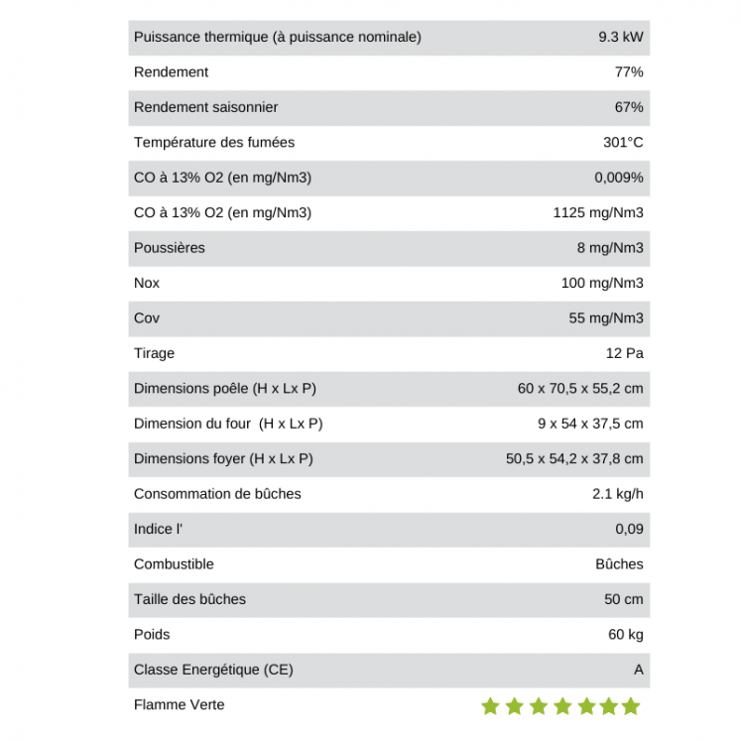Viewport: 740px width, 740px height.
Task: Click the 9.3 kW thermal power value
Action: tap(620, 37)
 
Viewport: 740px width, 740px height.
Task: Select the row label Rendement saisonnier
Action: tap(205, 107)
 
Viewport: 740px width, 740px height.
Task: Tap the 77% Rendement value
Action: tap(629, 72)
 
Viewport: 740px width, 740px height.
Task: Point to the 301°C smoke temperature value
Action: tap(623, 143)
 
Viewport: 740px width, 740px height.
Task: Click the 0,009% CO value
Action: tap(618, 178)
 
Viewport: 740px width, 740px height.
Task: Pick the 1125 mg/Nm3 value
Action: tap(597, 212)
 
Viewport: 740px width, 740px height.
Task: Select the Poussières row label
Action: tap(169, 248)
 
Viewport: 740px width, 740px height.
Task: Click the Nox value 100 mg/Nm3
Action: tap(601, 283)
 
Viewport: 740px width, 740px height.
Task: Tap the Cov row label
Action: tap(146, 318)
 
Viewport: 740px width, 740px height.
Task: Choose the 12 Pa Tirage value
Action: tap(624, 353)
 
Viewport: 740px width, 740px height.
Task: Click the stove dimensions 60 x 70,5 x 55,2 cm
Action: tap(579, 389)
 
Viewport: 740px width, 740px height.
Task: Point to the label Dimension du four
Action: tap(228, 424)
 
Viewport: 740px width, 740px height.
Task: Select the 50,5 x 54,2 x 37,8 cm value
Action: tap(574, 458)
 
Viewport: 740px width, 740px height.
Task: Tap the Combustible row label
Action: tap(174, 564)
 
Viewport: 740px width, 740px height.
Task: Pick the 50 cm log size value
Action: tap(624, 599)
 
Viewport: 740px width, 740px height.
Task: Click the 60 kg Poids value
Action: tap(625, 635)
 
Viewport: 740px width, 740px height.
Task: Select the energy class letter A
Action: tap(638, 670)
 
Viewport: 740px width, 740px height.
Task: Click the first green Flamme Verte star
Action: tap(490, 706)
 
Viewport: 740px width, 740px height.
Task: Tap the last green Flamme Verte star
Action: tap(631, 706)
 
